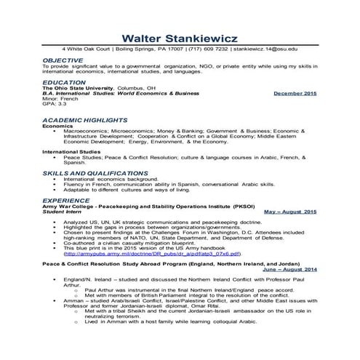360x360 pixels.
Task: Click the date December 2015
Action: pos(295,94)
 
